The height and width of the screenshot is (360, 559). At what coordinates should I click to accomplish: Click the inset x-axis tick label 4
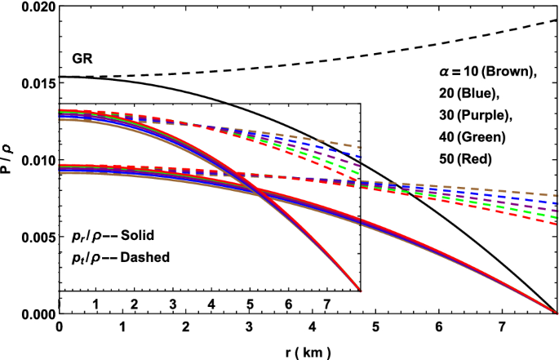pos(211,304)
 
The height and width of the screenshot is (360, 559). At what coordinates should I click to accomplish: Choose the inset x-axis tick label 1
pos(95,304)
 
